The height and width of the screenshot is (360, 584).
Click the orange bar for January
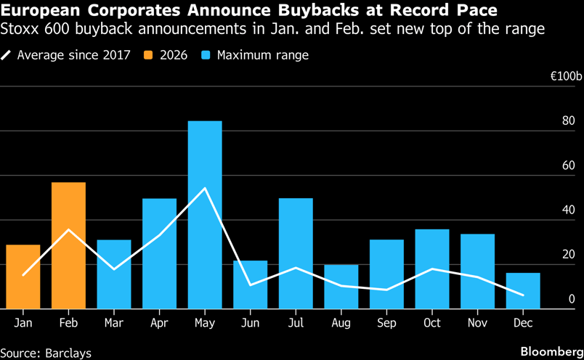(x=23, y=277)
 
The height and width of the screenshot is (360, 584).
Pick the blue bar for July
(x=296, y=253)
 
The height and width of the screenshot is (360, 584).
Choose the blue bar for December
(x=523, y=290)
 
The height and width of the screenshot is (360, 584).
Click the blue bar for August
(x=341, y=287)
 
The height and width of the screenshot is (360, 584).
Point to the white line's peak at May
(x=205, y=189)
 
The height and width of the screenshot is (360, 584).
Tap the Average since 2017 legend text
(x=73, y=55)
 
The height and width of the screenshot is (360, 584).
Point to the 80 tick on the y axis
(x=568, y=121)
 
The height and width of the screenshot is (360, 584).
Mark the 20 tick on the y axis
(x=568, y=254)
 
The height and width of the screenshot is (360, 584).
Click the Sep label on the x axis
(x=386, y=323)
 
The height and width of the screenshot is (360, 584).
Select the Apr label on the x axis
(x=159, y=323)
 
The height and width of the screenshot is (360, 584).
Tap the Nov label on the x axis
(x=477, y=323)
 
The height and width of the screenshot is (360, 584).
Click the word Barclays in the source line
(x=69, y=352)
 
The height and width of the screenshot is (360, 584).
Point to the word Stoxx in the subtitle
(x=21, y=30)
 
